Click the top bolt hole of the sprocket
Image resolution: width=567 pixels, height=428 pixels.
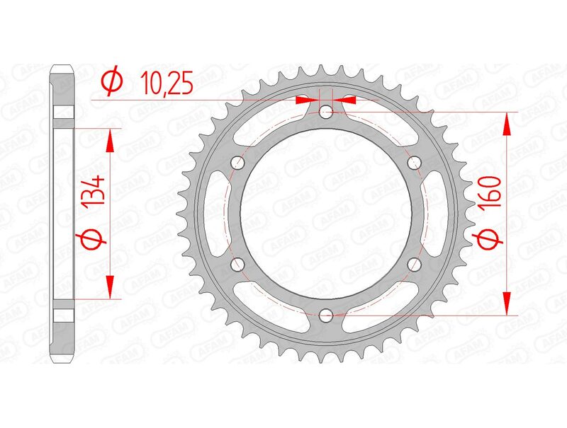[325, 112]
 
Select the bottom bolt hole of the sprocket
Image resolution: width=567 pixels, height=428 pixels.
[325, 315]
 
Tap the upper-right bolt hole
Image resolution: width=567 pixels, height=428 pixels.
[414, 163]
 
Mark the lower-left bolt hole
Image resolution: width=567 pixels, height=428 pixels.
[237, 264]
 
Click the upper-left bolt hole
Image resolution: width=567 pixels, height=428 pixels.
[237, 163]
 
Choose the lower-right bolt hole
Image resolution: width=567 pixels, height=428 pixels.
[414, 264]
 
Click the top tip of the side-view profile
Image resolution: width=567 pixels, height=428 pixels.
[62, 68]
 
